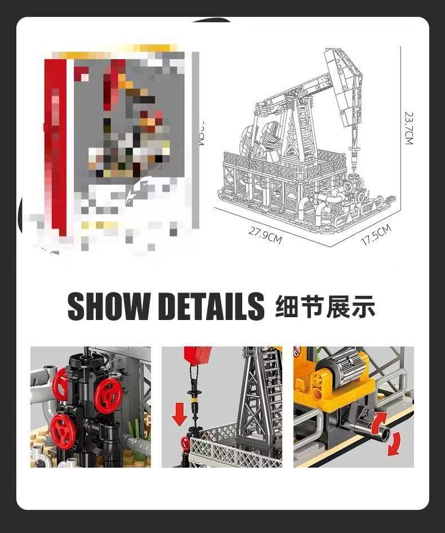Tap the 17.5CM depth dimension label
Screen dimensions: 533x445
click(376, 234)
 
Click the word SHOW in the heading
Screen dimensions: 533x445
click(109, 307)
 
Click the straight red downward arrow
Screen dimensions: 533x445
click(180, 415)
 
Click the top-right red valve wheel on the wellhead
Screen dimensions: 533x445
click(108, 396)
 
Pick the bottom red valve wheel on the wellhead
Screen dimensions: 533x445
click(63, 430)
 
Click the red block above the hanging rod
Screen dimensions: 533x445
click(197, 354)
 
